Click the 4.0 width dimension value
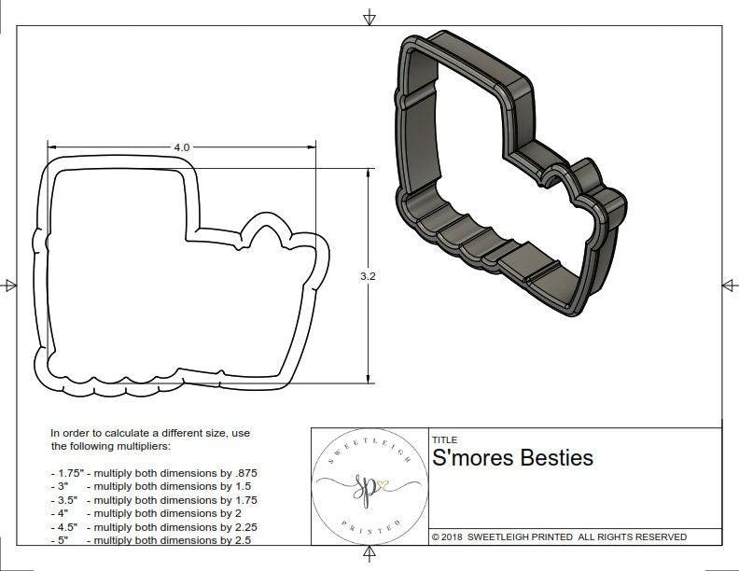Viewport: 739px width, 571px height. click(x=181, y=147)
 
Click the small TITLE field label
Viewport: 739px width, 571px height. click(x=443, y=440)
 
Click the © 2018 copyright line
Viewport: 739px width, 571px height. click(x=559, y=536)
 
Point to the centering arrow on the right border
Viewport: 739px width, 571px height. click(x=728, y=285)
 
